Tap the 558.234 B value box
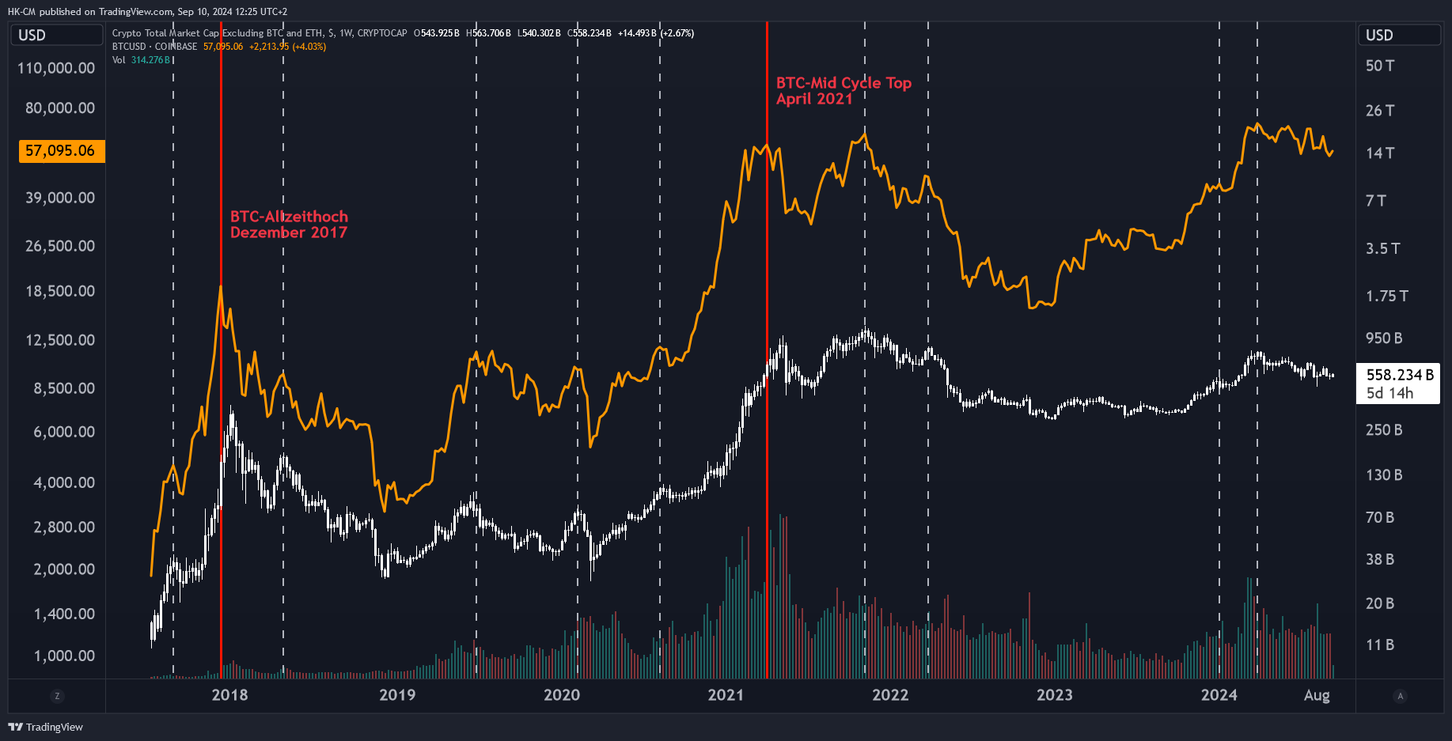(1398, 384)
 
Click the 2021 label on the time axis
(726, 695)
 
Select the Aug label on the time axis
(1317, 695)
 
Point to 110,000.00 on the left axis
(56, 68)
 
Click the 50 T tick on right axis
(1380, 66)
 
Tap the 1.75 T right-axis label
(1386, 296)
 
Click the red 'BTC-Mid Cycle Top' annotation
(844, 83)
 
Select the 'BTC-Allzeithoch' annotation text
(289, 217)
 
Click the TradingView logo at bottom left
(45, 727)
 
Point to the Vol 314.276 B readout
(142, 60)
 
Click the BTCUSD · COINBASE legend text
(154, 47)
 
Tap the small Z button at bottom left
(56, 696)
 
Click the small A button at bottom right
(1400, 696)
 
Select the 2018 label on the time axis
(229, 695)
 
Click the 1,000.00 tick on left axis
(64, 656)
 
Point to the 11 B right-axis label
(1380, 645)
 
